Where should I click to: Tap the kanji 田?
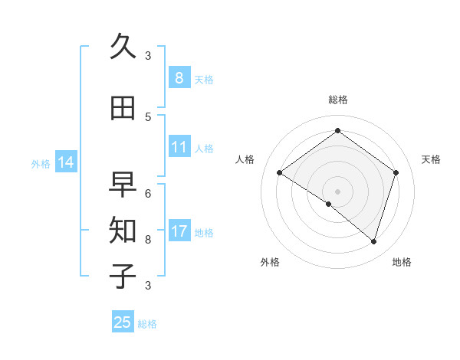pos(123,108)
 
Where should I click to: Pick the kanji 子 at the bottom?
pos(123,276)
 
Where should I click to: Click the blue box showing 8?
pos(179,77)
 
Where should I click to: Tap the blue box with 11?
pos(179,147)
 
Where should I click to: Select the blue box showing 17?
pos(179,231)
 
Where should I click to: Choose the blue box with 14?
pos(65,162)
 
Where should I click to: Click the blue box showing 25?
pos(123,322)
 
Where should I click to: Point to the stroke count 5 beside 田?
pos(148,116)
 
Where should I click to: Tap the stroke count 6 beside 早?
pos(148,193)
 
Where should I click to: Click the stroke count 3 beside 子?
pos(148,285)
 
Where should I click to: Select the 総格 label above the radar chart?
pos(338,100)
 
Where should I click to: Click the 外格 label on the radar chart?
pos(270,262)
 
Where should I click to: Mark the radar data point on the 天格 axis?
pos(396,172)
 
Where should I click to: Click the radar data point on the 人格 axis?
pos(280,173)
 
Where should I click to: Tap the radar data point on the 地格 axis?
pos(373,241)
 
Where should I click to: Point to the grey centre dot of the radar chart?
pos(337,191)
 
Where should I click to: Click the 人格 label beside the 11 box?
pos(204,149)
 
